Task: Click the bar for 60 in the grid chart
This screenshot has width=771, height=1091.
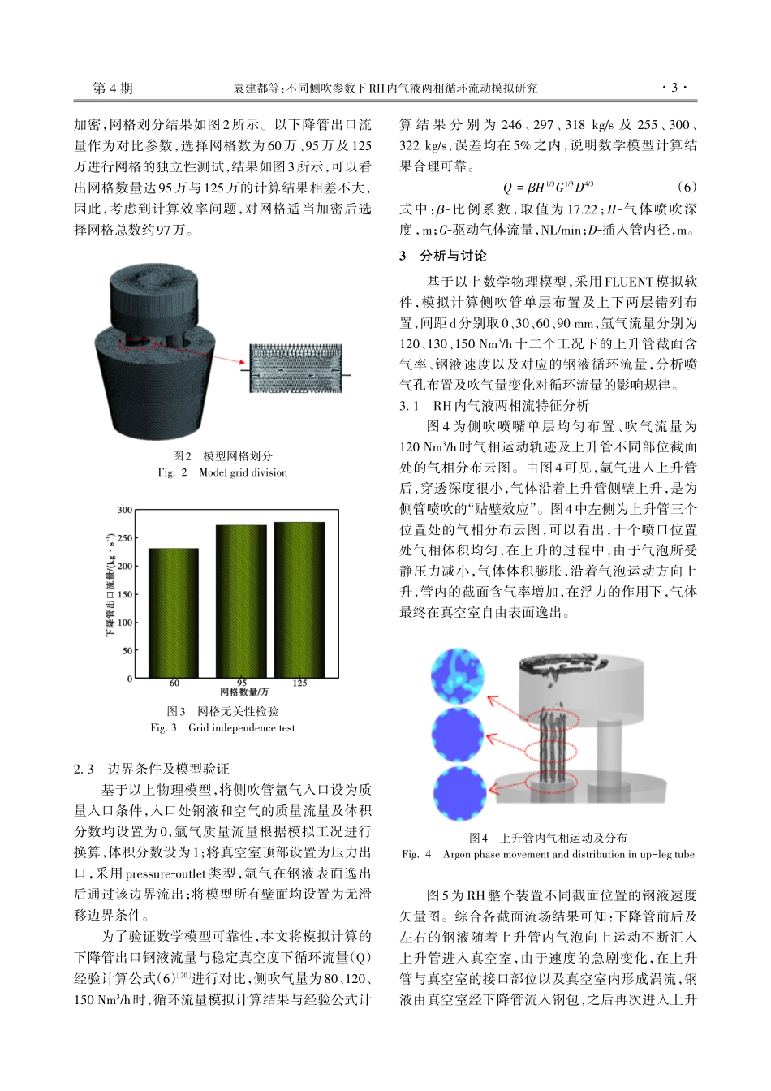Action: pyautogui.click(x=174, y=613)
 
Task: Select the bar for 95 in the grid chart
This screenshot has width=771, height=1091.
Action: pyautogui.click(x=241, y=602)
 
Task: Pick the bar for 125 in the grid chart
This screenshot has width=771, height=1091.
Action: pyautogui.click(x=299, y=600)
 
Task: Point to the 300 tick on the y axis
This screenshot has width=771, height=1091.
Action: pyautogui.click(x=124, y=510)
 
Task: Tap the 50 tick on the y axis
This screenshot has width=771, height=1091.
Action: pyautogui.click(x=127, y=650)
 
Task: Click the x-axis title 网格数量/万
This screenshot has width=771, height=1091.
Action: pyautogui.click(x=243, y=692)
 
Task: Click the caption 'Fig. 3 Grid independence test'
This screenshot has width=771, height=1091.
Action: pyautogui.click(x=222, y=728)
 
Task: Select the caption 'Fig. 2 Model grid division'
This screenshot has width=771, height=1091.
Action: pyautogui.click(x=222, y=472)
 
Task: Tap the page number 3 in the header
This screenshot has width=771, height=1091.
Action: pyautogui.click(x=674, y=88)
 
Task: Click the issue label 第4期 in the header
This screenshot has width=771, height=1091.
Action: pyautogui.click(x=113, y=88)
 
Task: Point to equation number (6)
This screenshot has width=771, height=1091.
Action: pyautogui.click(x=686, y=186)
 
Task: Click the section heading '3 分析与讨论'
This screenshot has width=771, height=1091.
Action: pyautogui.click(x=443, y=256)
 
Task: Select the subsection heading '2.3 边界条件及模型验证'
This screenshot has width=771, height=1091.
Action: pyautogui.click(x=152, y=769)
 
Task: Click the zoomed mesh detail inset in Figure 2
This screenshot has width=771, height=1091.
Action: pyautogui.click(x=295, y=369)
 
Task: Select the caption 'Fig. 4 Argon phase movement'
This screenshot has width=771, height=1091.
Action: pyautogui.click(x=548, y=854)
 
